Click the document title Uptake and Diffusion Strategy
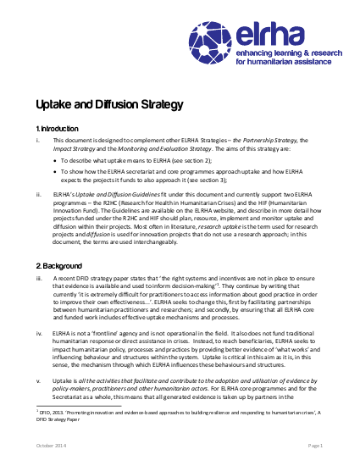[x=108, y=105]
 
